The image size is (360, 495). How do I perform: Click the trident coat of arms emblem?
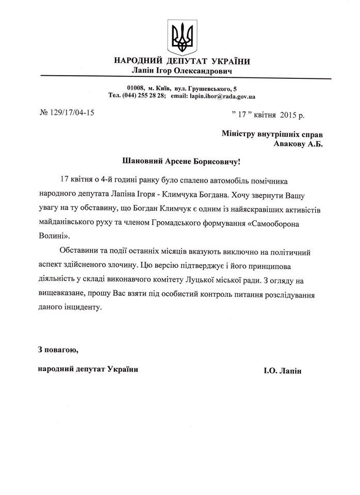tap(182, 36)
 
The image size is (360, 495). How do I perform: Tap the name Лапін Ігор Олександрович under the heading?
tap(182, 71)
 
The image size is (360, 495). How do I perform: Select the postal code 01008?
tap(136, 89)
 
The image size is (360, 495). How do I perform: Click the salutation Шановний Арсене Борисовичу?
tap(181, 162)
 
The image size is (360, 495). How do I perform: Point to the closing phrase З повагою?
tap(58, 350)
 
